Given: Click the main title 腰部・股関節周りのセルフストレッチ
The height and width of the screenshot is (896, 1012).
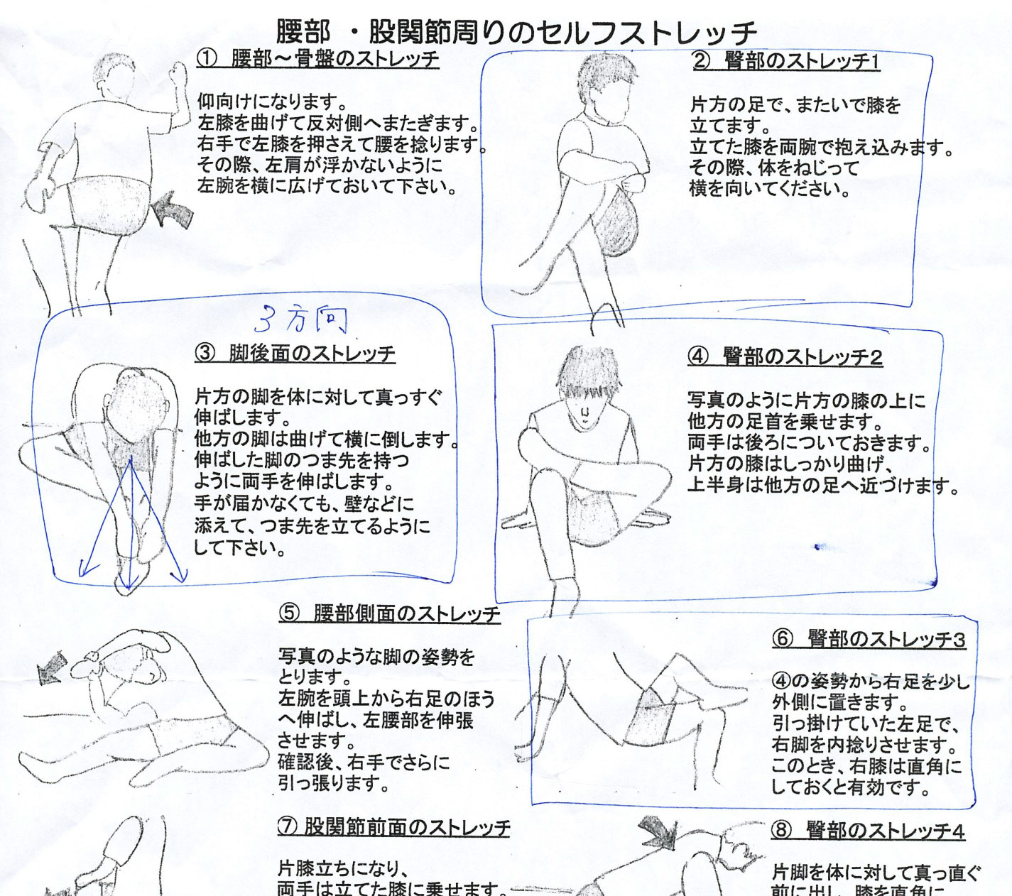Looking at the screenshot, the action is [516, 32].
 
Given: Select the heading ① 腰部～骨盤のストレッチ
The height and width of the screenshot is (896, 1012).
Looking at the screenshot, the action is [317, 59].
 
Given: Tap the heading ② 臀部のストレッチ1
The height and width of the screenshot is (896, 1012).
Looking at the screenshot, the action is [786, 62].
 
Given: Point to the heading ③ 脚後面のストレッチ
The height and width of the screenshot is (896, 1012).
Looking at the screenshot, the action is [295, 354].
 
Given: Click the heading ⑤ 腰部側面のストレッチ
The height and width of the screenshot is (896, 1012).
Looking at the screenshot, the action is [389, 613].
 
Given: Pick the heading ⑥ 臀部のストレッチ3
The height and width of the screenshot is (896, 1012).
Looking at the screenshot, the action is [869, 639].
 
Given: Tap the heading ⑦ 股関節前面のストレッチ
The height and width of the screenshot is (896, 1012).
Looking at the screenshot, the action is [394, 828].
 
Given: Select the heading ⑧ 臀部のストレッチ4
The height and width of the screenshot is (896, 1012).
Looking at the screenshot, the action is [868, 831].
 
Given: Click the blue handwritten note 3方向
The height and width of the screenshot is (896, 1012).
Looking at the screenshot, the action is [301, 319].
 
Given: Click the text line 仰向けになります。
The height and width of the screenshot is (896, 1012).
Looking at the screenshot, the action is [272, 102].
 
